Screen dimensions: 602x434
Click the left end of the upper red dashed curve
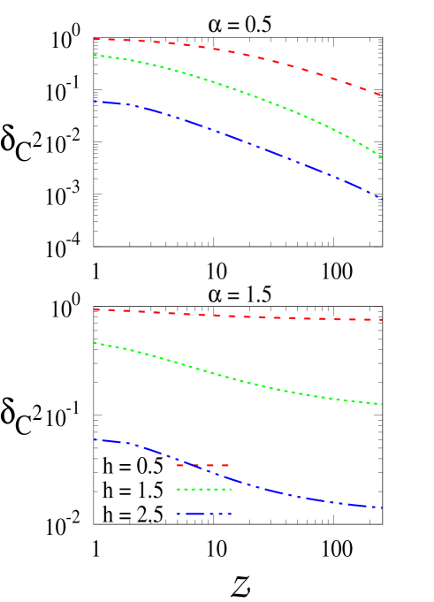coord(95,39)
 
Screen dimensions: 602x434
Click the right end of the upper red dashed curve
coord(382,95)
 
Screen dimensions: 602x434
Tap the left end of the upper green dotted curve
coord(95,56)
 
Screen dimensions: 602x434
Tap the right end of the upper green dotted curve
coord(382,157)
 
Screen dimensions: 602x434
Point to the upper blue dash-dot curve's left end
coord(95,102)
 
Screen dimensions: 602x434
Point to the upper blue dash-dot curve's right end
coord(382,200)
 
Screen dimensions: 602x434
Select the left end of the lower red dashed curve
coord(95,310)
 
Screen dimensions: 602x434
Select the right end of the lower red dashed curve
coord(382,320)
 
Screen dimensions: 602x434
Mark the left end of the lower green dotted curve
coord(95,343)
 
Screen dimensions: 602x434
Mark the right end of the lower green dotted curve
coord(382,404)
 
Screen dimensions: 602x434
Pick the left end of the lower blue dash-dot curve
coord(95,439)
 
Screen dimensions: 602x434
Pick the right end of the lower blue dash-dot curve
coord(382,507)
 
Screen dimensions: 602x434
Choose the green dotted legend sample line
coord(203,489)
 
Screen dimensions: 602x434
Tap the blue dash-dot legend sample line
coord(203,514)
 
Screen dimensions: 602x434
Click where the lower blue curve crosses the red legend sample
coord(187,465)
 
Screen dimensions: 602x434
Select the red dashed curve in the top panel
coord(239,54)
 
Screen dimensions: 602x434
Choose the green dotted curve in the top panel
coord(239,89)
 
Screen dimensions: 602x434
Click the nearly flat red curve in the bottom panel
coord(239,316)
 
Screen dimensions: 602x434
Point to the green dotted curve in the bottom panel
coord(239,380)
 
